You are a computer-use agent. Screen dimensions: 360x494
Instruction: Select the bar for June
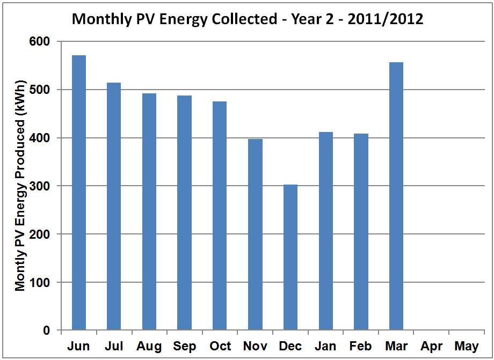pyautogui.click(x=79, y=193)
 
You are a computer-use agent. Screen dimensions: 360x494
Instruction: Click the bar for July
pyautogui.click(x=114, y=207)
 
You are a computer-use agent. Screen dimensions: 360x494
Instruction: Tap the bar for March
pyautogui.click(x=396, y=196)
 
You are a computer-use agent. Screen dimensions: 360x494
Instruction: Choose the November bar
pyautogui.click(x=255, y=234)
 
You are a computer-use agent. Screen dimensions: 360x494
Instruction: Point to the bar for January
pyautogui.click(x=325, y=231)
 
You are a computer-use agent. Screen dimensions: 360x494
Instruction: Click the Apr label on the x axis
pyautogui.click(x=432, y=347)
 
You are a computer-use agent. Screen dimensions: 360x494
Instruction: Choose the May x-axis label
pyautogui.click(x=467, y=347)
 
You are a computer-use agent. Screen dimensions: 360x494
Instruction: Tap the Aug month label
pyautogui.click(x=149, y=347)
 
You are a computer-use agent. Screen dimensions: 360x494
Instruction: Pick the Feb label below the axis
pyautogui.click(x=361, y=347)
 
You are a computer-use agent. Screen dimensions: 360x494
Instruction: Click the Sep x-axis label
pyautogui.click(x=185, y=347)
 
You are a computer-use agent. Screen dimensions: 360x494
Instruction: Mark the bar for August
pyautogui.click(x=149, y=212)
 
